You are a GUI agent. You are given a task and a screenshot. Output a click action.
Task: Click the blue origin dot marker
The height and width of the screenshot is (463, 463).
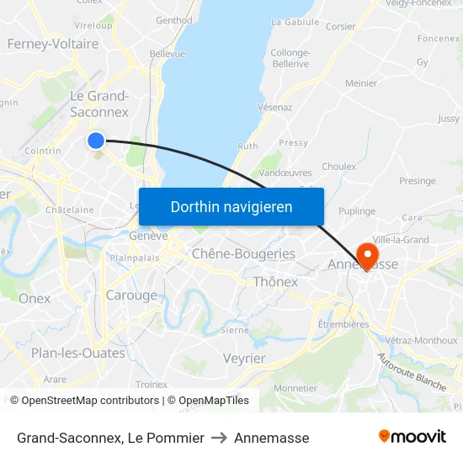tap(96, 141)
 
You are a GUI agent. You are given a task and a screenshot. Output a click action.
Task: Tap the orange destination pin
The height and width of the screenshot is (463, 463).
tap(367, 254)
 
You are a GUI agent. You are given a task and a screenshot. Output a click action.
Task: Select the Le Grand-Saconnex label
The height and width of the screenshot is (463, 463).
tap(99, 104)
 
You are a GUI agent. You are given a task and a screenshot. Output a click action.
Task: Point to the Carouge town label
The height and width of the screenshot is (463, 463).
tap(131, 295)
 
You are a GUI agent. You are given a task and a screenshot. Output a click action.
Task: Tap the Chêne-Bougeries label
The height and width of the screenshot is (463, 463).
tap(243, 253)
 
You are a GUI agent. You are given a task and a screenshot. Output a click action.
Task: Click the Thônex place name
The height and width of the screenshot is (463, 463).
tap(275, 282)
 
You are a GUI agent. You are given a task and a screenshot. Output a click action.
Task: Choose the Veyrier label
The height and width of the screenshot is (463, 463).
tap(244, 359)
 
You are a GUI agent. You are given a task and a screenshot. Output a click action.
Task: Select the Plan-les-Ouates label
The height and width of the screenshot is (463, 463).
tap(77, 353)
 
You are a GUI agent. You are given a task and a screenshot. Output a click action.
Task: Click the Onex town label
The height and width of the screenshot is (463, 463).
tap(35, 298)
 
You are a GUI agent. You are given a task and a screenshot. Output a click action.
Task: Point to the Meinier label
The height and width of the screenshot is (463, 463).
tap(361, 83)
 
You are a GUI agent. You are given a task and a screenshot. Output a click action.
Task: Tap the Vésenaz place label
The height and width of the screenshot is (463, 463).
tap(275, 107)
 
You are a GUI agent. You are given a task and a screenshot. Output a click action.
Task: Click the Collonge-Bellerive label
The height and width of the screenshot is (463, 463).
tap(290, 58)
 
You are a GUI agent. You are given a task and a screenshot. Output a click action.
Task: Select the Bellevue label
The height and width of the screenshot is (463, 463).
tap(167, 53)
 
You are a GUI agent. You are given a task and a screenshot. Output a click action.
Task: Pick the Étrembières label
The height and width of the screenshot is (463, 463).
tap(343, 324)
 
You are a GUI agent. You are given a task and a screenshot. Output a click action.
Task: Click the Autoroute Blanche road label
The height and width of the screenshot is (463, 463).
tap(412, 371)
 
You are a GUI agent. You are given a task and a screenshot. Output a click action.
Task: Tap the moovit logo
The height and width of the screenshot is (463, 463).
tap(412, 436)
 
